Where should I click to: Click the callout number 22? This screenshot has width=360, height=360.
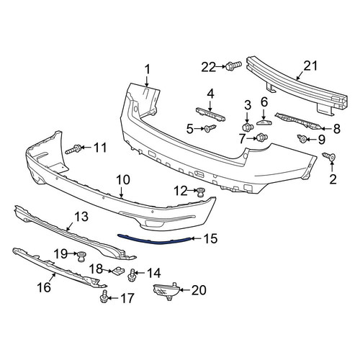tap(208, 67)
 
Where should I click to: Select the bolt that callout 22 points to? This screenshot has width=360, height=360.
tap(233, 66)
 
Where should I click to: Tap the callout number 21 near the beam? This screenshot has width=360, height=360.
tap(310, 66)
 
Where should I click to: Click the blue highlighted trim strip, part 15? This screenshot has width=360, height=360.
tap(155, 240)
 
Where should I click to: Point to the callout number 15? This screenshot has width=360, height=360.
tap(210, 238)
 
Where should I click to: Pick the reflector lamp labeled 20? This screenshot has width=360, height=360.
tap(166, 291)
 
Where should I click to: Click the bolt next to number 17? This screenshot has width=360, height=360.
tap(104, 297)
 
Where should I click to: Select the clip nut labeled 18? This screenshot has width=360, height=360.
tap(117, 271)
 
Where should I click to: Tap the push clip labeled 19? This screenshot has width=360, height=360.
tap(81, 257)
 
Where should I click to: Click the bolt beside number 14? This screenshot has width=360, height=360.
tap(132, 276)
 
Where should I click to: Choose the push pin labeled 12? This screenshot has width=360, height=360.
tap(201, 192)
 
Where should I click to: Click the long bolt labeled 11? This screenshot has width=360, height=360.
tap(73, 149)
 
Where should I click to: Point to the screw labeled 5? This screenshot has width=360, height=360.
tap(210, 129)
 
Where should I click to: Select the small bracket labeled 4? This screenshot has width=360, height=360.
tap(210, 114)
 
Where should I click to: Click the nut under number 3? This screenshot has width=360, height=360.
tap(248, 126)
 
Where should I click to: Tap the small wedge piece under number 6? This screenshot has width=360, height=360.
tap(264, 122)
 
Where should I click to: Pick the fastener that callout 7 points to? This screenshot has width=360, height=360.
tap(262, 138)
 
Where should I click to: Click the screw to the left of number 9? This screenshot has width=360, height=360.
tap(302, 138)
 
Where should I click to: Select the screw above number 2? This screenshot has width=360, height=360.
tap(329, 156)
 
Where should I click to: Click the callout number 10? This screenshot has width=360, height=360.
tap(123, 180)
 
